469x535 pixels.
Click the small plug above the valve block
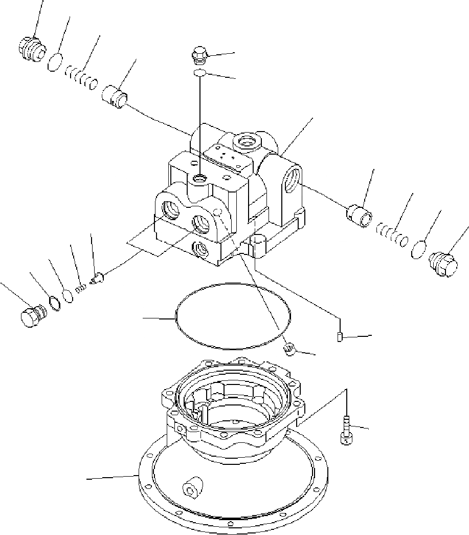point(199,54)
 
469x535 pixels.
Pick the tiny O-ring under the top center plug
point(199,74)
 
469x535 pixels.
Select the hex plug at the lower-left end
point(32,316)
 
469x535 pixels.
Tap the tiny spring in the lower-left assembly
point(79,289)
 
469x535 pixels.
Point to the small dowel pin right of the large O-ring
point(340,336)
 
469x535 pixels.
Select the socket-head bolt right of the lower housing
point(346,427)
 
